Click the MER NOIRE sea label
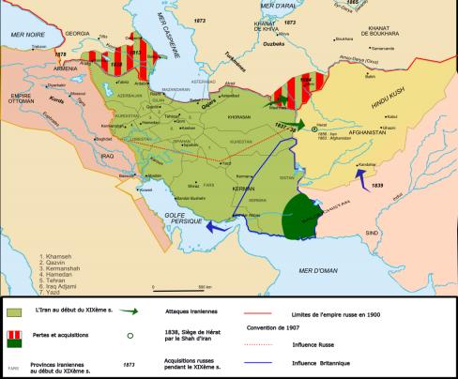25,33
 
